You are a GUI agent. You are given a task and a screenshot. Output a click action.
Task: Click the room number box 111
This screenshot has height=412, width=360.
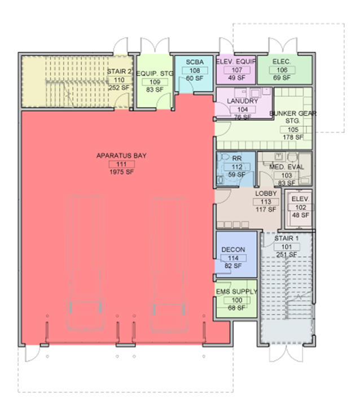pos(121,164)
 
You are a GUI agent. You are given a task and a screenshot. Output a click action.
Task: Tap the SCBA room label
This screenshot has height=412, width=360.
pos(195,62)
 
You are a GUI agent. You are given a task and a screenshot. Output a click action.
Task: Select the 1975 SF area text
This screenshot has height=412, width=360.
pos(121,172)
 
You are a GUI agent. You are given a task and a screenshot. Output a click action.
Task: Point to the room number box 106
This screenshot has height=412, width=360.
pos(282,70)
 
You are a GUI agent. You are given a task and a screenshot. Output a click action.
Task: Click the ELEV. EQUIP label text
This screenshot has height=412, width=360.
pos(236,61)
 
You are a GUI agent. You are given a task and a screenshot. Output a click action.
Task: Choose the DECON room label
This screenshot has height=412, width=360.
pos(233,249)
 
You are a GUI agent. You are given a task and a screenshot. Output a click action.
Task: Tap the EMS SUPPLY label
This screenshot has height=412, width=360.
pos(236,291)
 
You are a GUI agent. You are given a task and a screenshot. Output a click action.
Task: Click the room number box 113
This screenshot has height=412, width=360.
pos(266,202)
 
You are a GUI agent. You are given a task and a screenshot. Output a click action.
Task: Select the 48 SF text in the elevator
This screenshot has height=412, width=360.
pos(300,215)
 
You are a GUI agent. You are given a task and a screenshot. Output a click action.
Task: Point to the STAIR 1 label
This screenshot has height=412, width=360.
pos(287,238)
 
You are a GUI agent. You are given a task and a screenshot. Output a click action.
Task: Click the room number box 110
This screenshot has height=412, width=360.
pos(119,80)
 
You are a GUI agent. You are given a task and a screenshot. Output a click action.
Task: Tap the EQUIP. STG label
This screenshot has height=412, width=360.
pos(155,74)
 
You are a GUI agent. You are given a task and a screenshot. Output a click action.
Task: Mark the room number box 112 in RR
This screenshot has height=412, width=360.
pos(237,167)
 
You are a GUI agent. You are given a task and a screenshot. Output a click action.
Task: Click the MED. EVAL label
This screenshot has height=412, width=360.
pos(287,167)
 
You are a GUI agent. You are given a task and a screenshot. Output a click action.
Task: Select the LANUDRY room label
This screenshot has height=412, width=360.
pos(243,101)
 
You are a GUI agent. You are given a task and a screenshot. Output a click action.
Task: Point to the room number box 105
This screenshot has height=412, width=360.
pos(293,130)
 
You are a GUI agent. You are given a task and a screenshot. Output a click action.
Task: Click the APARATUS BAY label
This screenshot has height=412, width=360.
pos(121,156)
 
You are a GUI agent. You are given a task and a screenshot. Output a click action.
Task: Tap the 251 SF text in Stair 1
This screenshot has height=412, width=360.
pos(287,255)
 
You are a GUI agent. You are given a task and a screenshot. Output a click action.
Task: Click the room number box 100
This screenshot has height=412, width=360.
pos(236,300)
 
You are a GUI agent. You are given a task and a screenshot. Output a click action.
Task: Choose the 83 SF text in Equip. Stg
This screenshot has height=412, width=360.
pos(155,90)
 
